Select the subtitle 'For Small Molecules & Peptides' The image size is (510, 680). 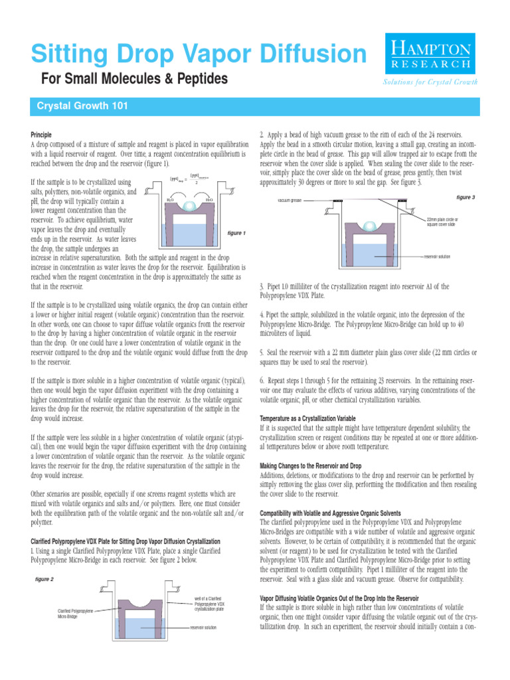[135, 80]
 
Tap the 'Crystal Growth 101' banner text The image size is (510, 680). [82, 106]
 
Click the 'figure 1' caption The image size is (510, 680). [236, 233]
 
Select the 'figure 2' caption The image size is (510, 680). [44, 579]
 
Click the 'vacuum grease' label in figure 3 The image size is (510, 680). [288, 199]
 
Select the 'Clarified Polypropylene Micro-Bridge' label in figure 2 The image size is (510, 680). [74, 613]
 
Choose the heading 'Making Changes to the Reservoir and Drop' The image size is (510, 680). [320, 466]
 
